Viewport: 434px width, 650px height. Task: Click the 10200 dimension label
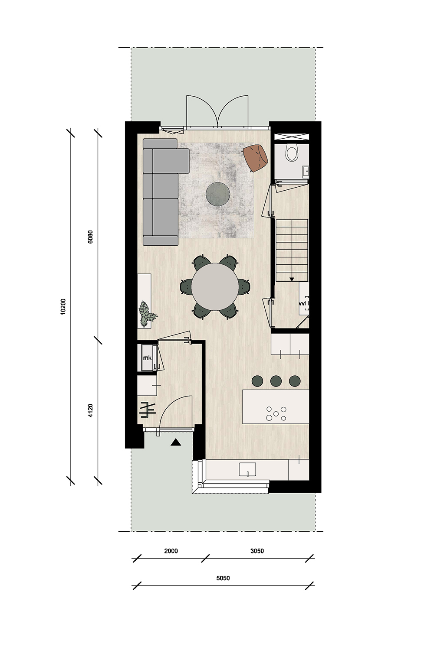pyautogui.click(x=63, y=307)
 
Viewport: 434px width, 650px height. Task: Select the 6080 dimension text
pyautogui.click(x=90, y=237)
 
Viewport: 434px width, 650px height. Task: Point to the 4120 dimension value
pyautogui.click(x=90, y=411)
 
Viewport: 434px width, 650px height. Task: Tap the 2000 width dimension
pyautogui.click(x=171, y=551)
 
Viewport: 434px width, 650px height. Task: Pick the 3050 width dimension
pyautogui.click(x=257, y=551)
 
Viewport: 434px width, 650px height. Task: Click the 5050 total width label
pyautogui.click(x=223, y=578)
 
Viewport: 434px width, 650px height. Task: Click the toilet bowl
pyautogui.click(x=292, y=153)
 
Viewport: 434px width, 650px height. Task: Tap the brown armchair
pyautogui.click(x=256, y=159)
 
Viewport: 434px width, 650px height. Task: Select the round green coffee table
pyautogui.click(x=218, y=194)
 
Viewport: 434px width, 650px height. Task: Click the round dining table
pyautogui.click(x=214, y=287)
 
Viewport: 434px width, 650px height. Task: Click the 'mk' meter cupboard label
pyautogui.click(x=148, y=358)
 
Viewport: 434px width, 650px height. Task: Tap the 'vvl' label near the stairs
pyautogui.click(x=302, y=303)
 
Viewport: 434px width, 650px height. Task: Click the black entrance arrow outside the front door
pyautogui.click(x=176, y=442)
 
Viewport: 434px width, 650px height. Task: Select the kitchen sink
pyautogui.click(x=247, y=469)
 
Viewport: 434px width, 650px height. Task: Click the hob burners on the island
pyautogui.click(x=276, y=413)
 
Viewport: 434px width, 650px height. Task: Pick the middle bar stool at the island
pyautogui.click(x=276, y=381)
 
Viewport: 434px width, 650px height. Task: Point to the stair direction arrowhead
pyautogui.click(x=292, y=279)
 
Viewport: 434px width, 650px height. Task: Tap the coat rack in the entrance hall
pyautogui.click(x=148, y=410)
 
